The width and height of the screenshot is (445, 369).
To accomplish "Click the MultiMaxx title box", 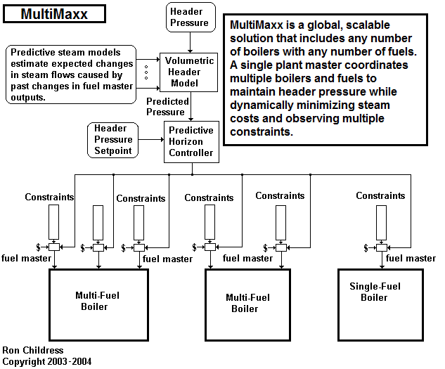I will tap(54, 13).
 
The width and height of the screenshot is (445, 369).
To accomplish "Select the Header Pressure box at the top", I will tap(191, 17).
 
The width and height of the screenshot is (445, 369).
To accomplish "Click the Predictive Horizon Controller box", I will tap(190, 141).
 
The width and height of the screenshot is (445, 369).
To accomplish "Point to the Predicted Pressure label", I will tap(166, 107).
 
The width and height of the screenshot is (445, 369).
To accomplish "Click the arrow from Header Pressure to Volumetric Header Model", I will tap(191, 43).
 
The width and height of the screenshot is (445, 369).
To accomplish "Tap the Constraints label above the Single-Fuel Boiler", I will tap(380, 195).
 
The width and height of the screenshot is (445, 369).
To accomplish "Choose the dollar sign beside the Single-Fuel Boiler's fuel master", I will tap(365, 247).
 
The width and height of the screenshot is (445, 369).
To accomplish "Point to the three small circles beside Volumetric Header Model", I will tap(145, 72).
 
